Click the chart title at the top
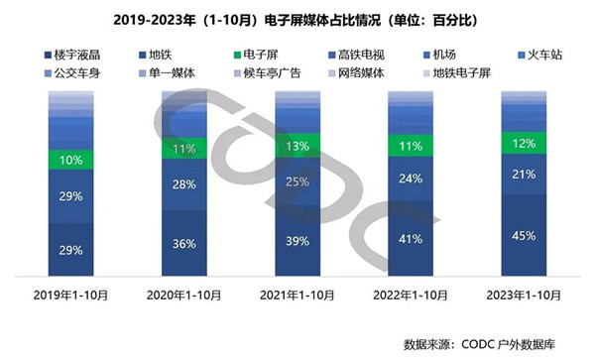(297, 18)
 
